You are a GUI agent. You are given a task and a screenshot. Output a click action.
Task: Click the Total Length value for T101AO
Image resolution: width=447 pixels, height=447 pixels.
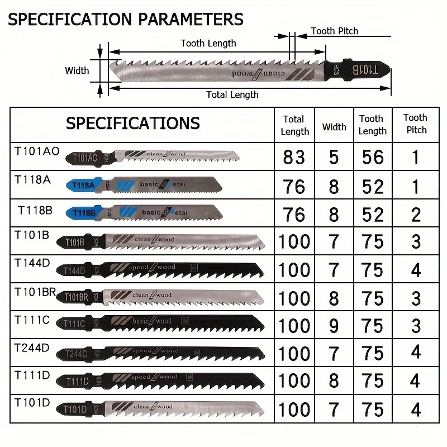click(294, 158)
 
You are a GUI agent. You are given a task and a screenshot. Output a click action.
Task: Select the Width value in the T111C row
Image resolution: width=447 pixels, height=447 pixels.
click(334, 326)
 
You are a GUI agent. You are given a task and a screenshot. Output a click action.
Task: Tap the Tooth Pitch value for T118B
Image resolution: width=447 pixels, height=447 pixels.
click(415, 215)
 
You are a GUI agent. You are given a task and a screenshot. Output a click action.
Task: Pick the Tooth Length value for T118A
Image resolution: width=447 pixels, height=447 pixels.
click(373, 186)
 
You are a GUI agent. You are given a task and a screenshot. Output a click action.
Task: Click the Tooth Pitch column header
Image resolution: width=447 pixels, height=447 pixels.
click(415, 123)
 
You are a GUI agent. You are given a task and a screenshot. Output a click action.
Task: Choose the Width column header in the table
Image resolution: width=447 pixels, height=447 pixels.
click(334, 127)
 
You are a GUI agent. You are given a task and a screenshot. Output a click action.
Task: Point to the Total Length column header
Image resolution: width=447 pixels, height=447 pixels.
click(294, 125)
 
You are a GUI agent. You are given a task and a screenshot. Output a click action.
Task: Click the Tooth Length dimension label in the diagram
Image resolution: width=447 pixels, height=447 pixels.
click(208, 43)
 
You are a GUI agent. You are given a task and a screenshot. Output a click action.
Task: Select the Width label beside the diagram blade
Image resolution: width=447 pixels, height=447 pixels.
click(77, 70)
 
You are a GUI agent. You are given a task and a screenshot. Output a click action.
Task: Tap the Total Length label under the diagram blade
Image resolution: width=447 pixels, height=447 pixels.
click(232, 94)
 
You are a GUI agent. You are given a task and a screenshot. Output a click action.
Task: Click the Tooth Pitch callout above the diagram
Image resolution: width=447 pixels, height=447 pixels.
click(334, 31)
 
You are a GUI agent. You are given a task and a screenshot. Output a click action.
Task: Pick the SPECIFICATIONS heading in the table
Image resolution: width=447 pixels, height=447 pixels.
click(132, 123)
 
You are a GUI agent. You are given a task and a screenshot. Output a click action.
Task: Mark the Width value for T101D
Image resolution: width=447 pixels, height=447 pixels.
click(334, 410)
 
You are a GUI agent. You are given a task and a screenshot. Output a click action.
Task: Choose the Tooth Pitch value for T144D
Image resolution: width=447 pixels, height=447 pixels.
click(415, 270)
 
